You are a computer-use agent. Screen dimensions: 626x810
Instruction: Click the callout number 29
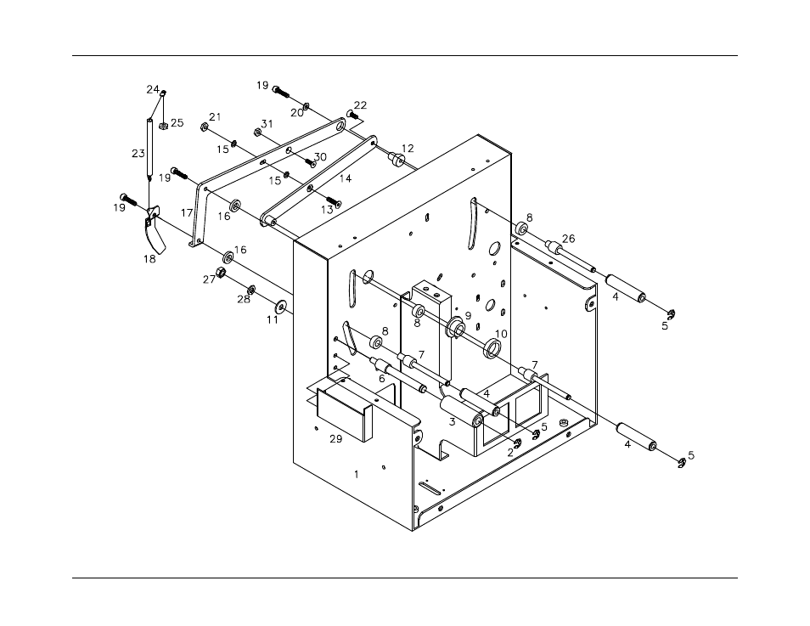tap(335, 439)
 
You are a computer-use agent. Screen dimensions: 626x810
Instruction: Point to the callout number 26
tap(568, 238)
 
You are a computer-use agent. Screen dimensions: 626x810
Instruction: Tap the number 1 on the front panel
tap(356, 475)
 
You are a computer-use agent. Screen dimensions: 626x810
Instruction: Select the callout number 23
tap(138, 154)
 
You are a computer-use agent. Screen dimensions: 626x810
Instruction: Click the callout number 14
tap(345, 178)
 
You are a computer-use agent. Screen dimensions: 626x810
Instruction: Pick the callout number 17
tap(187, 213)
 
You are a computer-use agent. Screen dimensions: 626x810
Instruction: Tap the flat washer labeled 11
tap(281, 306)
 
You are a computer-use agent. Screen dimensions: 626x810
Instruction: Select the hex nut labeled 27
tap(217, 274)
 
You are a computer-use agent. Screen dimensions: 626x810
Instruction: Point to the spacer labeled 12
tap(396, 160)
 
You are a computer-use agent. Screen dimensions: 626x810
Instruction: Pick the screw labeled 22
tap(353, 115)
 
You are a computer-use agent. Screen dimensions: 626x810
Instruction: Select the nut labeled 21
tap(205, 127)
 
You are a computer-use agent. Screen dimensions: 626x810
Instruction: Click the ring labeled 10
tap(491, 348)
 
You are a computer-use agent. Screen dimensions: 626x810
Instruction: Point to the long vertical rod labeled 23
tap(149, 149)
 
